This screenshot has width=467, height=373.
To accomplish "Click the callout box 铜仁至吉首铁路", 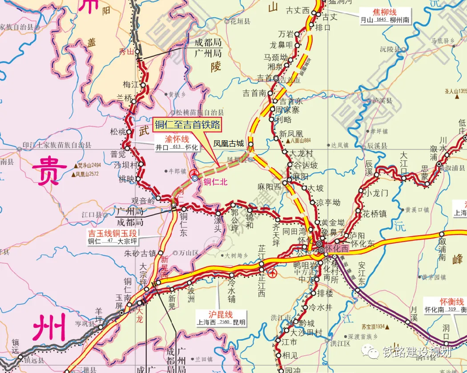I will (187, 125).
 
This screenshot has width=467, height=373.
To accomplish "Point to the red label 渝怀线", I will (177, 139).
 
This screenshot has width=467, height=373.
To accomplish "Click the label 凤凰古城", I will (229, 143).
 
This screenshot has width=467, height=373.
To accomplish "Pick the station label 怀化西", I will (337, 250).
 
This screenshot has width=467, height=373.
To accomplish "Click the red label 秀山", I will (126, 52).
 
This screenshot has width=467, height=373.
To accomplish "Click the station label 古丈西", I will (298, 10).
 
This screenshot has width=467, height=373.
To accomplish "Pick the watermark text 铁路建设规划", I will (417, 352).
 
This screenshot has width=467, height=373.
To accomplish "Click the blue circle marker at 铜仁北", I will (195, 178).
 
